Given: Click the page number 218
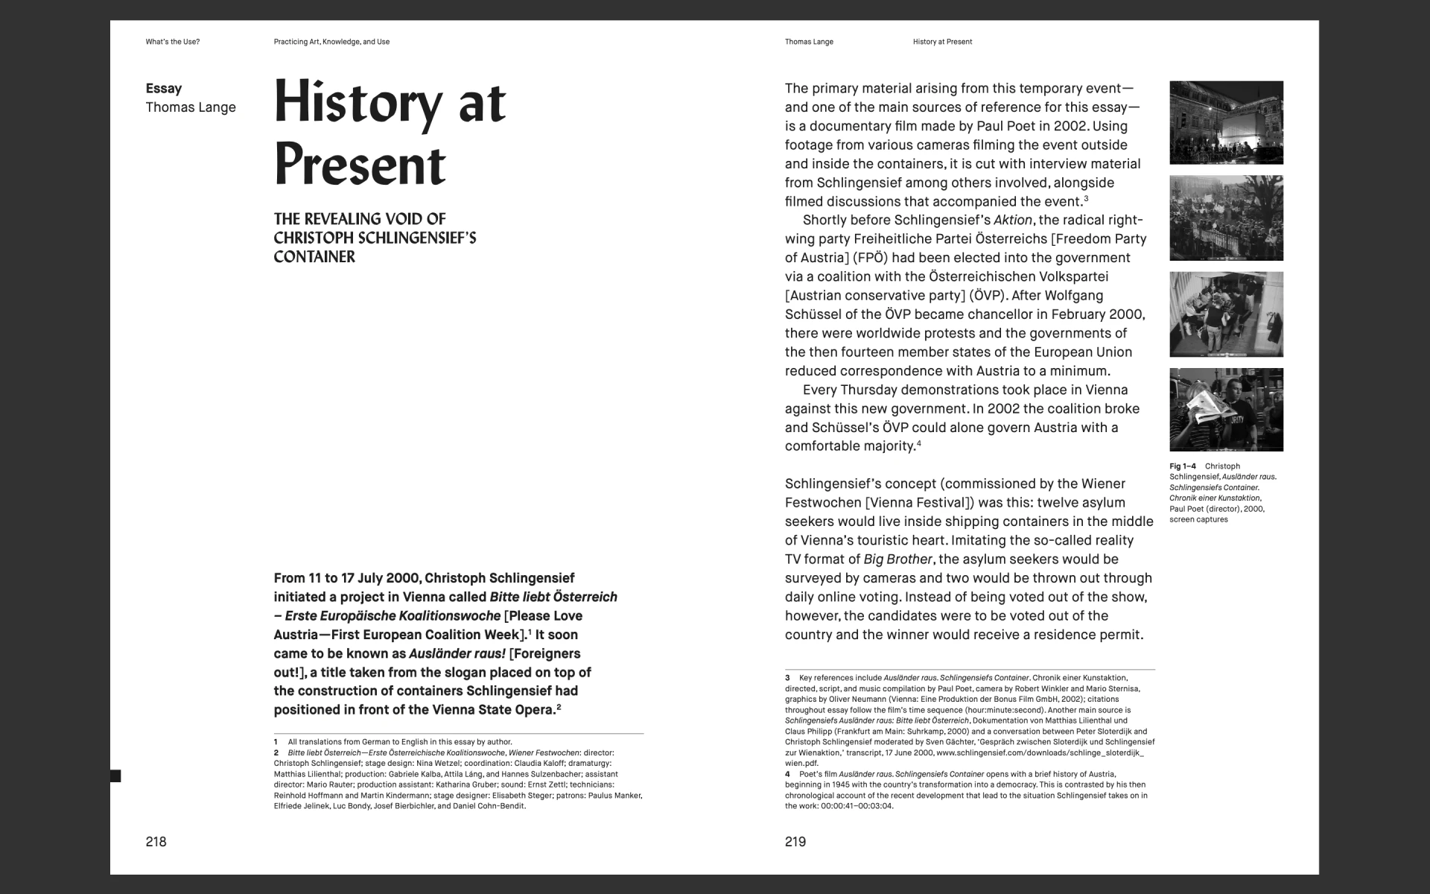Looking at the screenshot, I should (156, 842).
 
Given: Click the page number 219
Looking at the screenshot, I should (795, 842).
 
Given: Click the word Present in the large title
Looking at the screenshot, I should (360, 165).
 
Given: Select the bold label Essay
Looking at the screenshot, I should (164, 89).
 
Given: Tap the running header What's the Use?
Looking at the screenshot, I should (173, 42).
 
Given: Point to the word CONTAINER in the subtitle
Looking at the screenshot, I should (314, 257).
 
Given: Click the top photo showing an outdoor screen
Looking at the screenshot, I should (1226, 122).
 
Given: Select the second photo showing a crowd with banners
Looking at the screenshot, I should (1226, 218).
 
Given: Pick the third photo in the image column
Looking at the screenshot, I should (1226, 314).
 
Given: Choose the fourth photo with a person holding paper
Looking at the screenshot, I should (1226, 409).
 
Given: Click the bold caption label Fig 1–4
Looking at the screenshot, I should (1183, 466).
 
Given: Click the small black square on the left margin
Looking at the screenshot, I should (115, 776).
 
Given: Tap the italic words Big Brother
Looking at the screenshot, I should (897, 559).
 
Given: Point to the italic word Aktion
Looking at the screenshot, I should (1013, 220).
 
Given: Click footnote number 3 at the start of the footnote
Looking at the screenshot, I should (787, 678).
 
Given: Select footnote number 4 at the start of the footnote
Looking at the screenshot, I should (787, 774).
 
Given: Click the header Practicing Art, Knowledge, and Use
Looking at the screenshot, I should (331, 42).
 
